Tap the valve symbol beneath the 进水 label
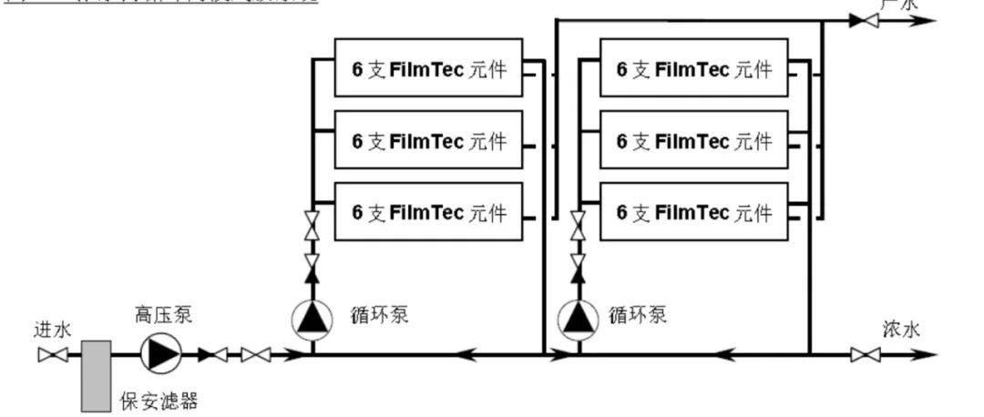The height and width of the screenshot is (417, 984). click(52, 355)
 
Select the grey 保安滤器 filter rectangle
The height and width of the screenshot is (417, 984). click(96, 375)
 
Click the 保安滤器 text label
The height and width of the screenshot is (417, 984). click(159, 401)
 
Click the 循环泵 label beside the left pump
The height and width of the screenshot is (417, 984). click(378, 315)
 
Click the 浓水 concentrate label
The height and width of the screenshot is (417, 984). click(900, 329)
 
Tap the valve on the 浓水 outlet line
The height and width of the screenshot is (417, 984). click(865, 355)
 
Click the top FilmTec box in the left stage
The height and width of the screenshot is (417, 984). click(429, 67)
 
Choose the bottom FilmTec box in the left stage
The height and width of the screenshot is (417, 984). click(429, 211)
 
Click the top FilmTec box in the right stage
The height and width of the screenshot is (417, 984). click(693, 67)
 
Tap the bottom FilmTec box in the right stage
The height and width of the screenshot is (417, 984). click(693, 211)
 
